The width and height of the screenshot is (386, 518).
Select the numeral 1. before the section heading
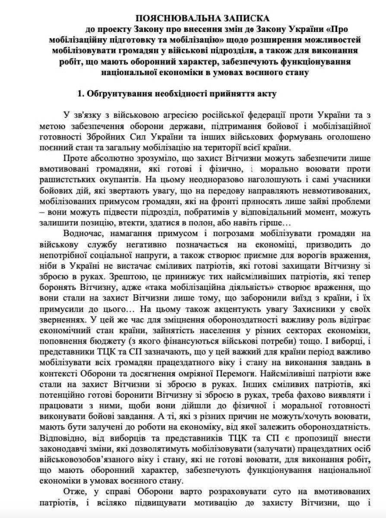tap(80, 94)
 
